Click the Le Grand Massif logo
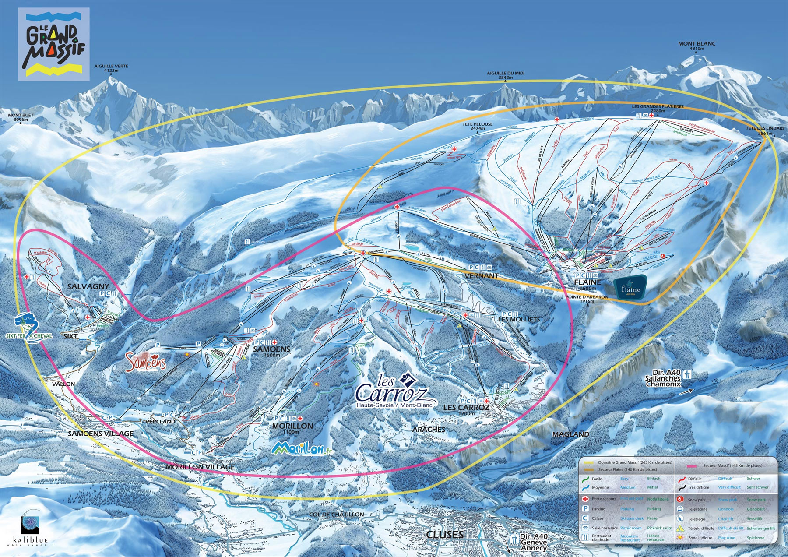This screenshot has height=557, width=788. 53,44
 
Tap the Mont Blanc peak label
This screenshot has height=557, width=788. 697,46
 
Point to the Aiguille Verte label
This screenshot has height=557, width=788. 111,68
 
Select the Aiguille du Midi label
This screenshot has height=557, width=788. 505,75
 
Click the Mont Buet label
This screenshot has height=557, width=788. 21,117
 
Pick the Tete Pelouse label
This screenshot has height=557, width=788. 478,126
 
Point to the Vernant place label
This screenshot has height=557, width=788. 482,276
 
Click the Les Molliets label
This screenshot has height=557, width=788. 519,319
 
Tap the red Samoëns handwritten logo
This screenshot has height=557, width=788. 146,362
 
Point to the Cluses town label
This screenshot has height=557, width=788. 444,535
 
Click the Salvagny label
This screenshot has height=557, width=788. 88,286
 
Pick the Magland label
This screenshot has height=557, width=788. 570,434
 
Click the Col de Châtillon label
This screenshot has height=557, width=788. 336,515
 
